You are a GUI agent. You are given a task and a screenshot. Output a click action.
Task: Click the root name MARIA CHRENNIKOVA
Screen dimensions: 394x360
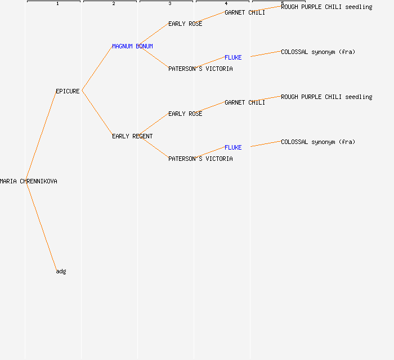tap(28, 181)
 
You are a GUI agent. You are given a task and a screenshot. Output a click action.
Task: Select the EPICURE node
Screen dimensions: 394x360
tap(68, 91)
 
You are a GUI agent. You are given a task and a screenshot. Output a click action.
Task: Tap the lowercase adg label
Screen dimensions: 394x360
tap(61, 271)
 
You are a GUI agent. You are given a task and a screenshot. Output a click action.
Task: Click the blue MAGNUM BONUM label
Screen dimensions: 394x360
tap(132, 46)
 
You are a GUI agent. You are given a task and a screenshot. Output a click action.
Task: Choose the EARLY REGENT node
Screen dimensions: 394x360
tap(132, 136)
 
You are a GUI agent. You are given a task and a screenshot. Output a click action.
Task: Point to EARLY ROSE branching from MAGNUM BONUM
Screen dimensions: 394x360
tap(185, 24)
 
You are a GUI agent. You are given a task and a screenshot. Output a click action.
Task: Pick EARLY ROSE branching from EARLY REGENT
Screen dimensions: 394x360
tap(185, 114)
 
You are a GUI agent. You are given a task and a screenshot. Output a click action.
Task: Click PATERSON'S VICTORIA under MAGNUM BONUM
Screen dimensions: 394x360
tap(200, 69)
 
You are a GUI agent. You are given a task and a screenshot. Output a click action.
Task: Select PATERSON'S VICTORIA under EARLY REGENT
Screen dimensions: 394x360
tap(200, 159)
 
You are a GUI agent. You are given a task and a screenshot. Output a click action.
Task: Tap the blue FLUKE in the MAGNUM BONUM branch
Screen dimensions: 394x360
tap(233, 57)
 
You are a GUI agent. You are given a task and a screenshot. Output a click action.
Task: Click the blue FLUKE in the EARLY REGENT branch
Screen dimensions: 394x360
tap(233, 147)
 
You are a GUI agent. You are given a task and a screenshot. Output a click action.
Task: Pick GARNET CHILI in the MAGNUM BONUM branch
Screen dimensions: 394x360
tap(245, 12)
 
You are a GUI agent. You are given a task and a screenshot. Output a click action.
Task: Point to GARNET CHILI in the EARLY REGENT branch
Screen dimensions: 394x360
tap(245, 102)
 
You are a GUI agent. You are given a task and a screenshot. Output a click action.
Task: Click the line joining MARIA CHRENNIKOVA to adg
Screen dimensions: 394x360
tap(42, 226)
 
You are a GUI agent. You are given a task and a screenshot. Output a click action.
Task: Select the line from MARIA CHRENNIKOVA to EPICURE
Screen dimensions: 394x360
tap(41, 136)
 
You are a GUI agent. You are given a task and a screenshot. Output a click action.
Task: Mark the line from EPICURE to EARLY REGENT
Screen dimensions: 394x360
tap(97, 113)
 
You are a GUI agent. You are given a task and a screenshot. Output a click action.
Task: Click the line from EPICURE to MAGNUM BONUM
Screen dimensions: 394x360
tap(97, 68)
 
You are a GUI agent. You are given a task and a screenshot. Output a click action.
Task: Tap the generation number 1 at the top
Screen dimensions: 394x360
tap(57, 3)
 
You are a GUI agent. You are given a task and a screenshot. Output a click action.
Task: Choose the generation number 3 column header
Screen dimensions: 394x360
tap(170, 3)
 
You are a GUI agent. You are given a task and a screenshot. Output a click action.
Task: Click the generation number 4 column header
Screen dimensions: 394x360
tap(226, 3)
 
